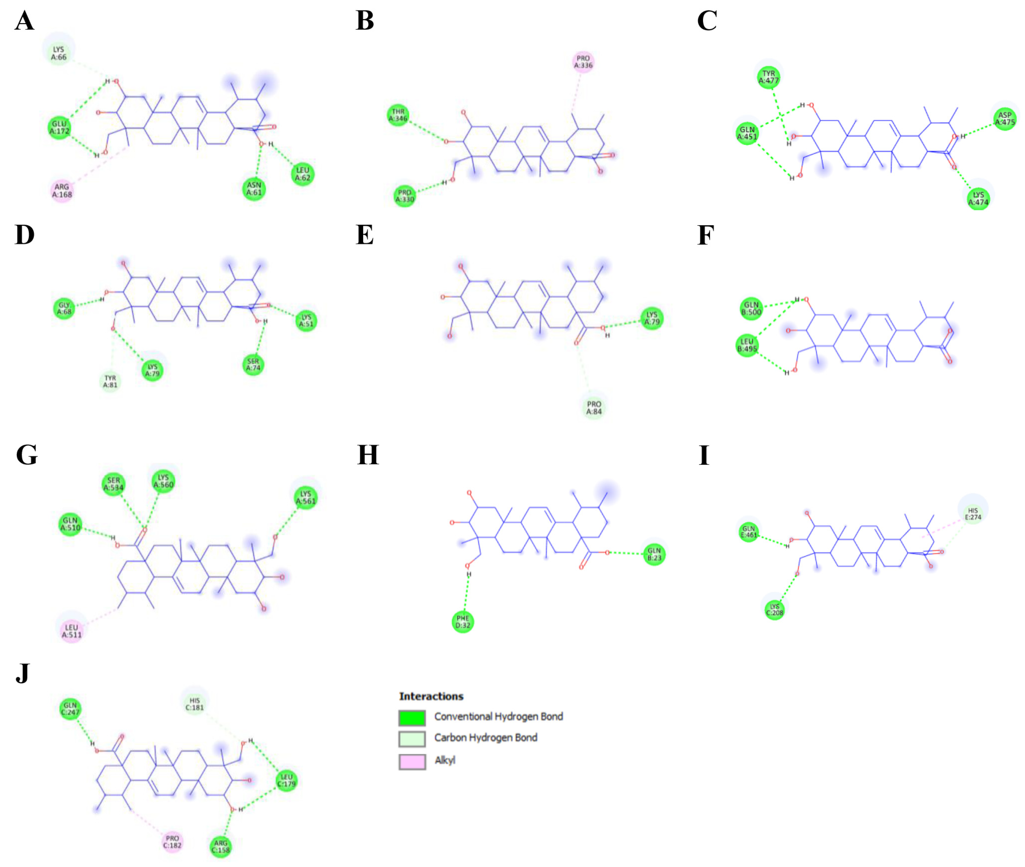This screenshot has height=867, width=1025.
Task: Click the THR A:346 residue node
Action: pyautogui.click(x=398, y=115)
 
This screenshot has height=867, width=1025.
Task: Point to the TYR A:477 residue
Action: pyautogui.click(x=768, y=77)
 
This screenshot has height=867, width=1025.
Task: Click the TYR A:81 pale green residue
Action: pyautogui.click(x=110, y=381)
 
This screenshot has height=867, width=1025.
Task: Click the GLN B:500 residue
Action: pyautogui.click(x=751, y=308)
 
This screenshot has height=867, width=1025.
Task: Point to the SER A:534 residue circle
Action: pyautogui.click(x=114, y=484)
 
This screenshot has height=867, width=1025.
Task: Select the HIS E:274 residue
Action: pyautogui.click(x=972, y=514)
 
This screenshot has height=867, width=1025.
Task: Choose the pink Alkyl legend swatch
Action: pyautogui.click(x=412, y=761)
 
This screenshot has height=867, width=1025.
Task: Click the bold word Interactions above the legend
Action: pyautogui.click(x=431, y=696)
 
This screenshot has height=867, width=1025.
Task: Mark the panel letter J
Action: pyautogui.click(x=23, y=673)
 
